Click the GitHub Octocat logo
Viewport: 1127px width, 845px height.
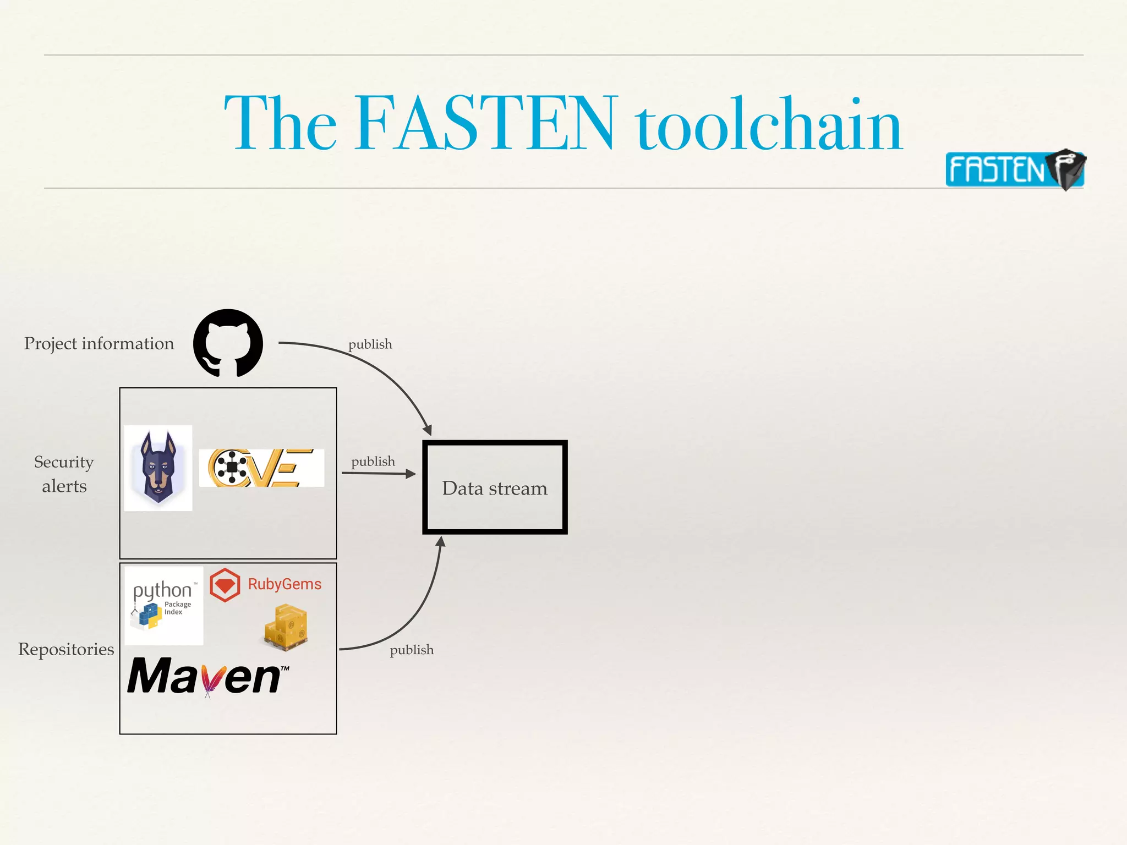tap(228, 343)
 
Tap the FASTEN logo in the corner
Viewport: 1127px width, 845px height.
tap(1014, 169)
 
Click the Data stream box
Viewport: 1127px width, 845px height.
tap(495, 487)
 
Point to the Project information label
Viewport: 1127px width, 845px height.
tap(99, 343)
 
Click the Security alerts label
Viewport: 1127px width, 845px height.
tap(64, 474)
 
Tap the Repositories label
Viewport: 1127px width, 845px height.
tap(66, 649)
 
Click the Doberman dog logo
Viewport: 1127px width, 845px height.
tap(158, 468)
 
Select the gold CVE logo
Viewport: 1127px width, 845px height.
tap(261, 468)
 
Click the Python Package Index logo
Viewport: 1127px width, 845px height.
tap(163, 605)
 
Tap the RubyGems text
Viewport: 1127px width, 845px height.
tap(285, 584)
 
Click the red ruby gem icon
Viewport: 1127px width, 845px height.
tap(225, 585)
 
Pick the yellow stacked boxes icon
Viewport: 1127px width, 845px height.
tap(286, 627)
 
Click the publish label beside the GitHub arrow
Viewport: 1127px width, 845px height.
tap(370, 344)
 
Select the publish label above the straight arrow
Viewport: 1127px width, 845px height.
tap(373, 462)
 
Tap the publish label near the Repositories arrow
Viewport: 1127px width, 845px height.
tap(412, 650)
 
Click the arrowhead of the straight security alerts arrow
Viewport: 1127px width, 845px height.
tap(411, 474)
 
